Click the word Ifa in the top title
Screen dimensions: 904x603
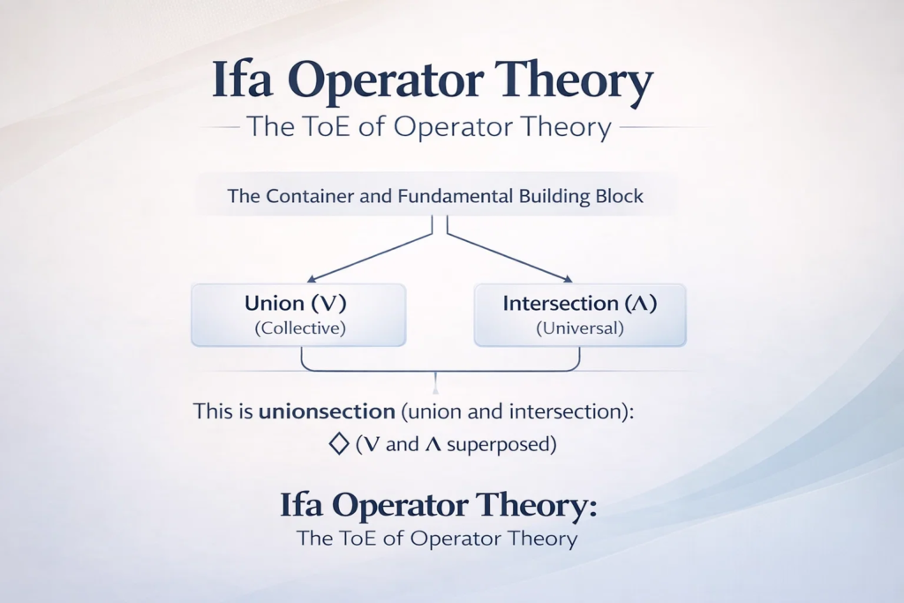pos(242,79)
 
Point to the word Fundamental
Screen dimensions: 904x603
pos(456,196)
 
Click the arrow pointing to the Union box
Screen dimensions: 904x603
pos(370,257)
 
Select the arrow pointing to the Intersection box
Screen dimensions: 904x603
pos(509,257)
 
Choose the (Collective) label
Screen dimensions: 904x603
pos(300,328)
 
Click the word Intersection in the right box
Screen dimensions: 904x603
pos(561,303)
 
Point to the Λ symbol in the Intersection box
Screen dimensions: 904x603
pos(640,304)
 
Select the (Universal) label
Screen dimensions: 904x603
pos(580,328)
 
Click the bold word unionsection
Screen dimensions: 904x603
pos(327,411)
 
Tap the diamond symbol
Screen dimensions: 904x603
pos(339,444)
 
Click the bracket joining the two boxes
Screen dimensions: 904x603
pos(441,371)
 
